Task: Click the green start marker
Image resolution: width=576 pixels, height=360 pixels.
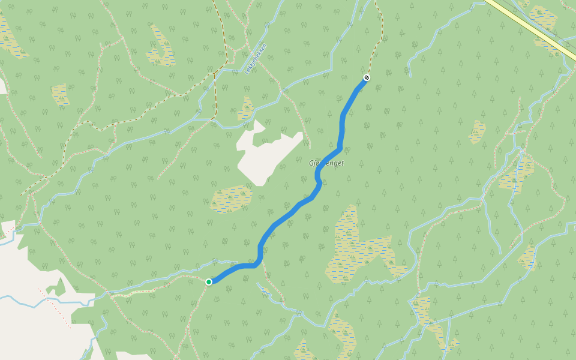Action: (209, 282)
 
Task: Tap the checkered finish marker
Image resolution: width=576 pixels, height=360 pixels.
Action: (367, 77)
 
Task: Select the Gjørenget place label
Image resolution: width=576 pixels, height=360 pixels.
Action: (326, 163)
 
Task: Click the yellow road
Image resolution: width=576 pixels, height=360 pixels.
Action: (528, 24)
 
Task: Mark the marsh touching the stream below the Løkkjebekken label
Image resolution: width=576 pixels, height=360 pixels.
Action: (245, 110)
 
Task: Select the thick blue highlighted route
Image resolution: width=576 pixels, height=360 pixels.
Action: (288, 216)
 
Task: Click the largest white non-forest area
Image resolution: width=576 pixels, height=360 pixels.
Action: (30, 324)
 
